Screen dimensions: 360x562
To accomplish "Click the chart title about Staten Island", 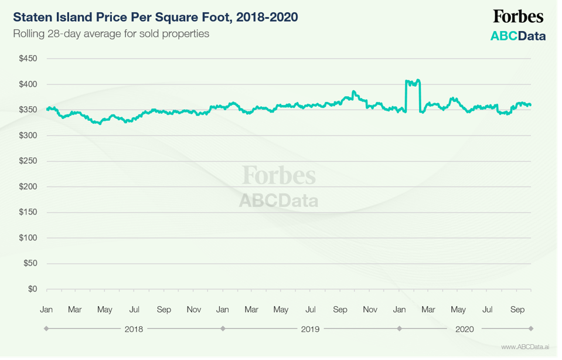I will (155, 17).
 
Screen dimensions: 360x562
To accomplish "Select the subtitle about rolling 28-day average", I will (111, 33).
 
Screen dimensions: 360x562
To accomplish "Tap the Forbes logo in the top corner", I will (518, 16).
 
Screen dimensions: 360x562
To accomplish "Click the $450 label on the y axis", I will (29, 59).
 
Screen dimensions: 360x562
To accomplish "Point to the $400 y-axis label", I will (29, 84).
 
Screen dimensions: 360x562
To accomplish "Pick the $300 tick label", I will (29, 135).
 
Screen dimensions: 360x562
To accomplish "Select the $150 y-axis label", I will (29, 212).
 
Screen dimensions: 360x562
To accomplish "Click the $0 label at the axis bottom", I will (32, 289).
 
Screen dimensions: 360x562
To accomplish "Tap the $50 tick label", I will (30, 263).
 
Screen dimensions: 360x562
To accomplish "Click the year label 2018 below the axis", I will (134, 329).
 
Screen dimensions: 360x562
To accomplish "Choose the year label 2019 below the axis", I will (310, 329).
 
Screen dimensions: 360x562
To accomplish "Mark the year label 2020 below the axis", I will (465, 329).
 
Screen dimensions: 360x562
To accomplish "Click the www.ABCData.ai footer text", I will (524, 348).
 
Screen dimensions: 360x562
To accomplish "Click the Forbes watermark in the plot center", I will (279, 175).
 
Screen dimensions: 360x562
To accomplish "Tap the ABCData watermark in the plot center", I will (278, 201).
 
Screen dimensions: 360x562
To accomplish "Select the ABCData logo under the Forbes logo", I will (518, 36).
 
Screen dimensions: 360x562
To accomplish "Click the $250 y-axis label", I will (29, 161).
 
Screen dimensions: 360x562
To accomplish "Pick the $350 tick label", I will (29, 110).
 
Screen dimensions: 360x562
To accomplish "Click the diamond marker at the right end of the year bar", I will (531, 329).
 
